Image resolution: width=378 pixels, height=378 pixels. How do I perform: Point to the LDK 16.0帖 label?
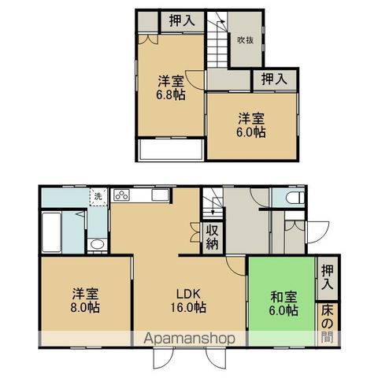click(x=189, y=300)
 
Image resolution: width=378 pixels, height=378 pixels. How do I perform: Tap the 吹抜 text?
click(x=245, y=40)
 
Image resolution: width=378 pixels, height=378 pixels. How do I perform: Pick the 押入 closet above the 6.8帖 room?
click(x=183, y=20)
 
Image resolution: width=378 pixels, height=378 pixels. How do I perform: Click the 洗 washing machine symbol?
click(x=98, y=195)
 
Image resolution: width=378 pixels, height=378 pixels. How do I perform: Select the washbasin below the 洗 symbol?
click(x=97, y=244)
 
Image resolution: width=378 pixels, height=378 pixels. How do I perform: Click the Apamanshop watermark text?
click(x=189, y=339)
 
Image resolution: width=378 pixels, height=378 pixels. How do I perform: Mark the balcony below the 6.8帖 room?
click(x=171, y=150)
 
